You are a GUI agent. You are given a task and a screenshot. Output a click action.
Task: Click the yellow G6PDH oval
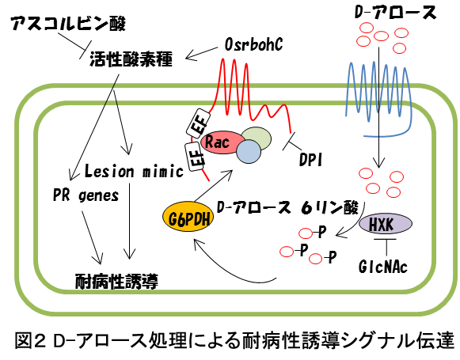click(x=188, y=217)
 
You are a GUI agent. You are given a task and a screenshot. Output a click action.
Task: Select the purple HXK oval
click(x=386, y=224)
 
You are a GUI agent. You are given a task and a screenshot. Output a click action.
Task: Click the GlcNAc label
click(x=383, y=267)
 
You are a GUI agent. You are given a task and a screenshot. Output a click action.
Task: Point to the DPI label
click(x=310, y=160)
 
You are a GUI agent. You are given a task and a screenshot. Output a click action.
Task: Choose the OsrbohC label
click(x=253, y=44)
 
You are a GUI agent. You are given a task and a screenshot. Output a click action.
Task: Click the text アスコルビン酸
click(x=68, y=23)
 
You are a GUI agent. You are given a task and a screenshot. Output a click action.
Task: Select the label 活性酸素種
click(x=131, y=59)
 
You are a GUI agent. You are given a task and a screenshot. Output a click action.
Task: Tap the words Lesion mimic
click(x=134, y=171)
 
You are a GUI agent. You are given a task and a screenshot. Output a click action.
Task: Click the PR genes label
click(x=86, y=195)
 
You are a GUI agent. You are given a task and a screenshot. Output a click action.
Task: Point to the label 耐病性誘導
click(x=116, y=282)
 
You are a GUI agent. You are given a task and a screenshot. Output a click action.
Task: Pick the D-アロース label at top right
click(x=395, y=13)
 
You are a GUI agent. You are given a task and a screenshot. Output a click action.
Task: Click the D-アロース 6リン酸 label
click(x=287, y=207)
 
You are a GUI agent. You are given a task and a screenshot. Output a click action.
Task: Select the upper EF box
click(x=198, y=123)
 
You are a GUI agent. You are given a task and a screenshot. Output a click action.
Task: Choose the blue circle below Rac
click(x=249, y=151)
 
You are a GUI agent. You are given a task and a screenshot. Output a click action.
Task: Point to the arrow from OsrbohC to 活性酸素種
click(x=202, y=53)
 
